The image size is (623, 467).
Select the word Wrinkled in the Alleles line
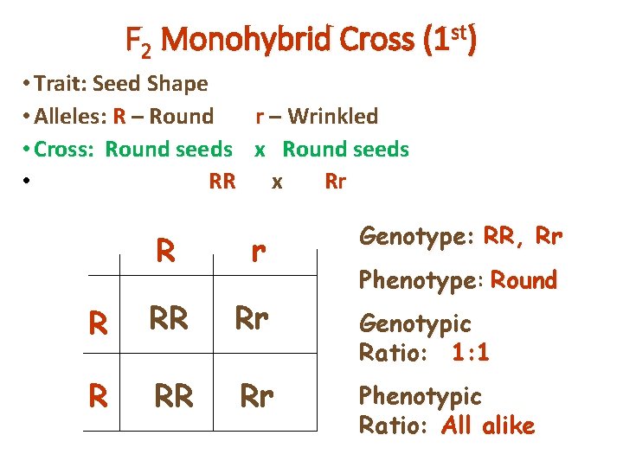333,116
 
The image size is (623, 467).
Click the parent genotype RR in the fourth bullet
222,182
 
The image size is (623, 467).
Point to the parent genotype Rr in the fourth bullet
335,182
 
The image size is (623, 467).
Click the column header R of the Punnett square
166,252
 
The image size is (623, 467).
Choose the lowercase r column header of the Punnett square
257,252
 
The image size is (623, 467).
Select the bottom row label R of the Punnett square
99,395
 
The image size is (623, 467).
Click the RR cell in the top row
169,319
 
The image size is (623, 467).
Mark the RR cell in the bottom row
173,396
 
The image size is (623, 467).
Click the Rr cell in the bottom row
257,396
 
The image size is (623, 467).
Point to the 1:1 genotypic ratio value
470,352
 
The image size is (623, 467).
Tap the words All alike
487,425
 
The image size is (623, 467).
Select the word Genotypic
414,323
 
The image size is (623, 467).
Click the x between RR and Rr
276,182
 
